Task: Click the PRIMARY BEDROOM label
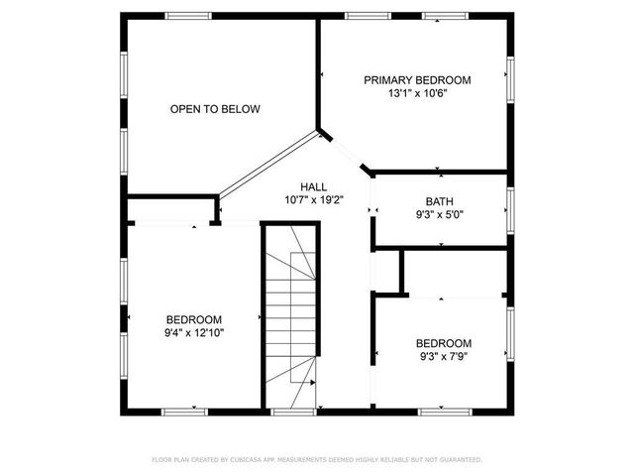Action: click(x=417, y=80)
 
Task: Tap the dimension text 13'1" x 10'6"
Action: click(x=417, y=94)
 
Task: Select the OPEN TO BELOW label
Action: click(x=215, y=109)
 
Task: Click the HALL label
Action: click(x=314, y=186)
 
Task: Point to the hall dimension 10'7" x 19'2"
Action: click(x=314, y=199)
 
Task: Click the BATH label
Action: click(x=440, y=199)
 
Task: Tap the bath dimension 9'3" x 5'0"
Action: click(x=440, y=213)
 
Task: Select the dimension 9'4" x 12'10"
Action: click(x=194, y=333)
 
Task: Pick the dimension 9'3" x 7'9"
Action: click(x=443, y=356)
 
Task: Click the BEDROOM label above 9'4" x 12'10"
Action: click(x=194, y=319)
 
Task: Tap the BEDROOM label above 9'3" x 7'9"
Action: click(x=443, y=342)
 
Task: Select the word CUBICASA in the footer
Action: click(x=248, y=460)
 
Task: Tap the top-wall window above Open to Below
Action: click(x=188, y=16)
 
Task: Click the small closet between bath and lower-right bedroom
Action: click(x=387, y=272)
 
